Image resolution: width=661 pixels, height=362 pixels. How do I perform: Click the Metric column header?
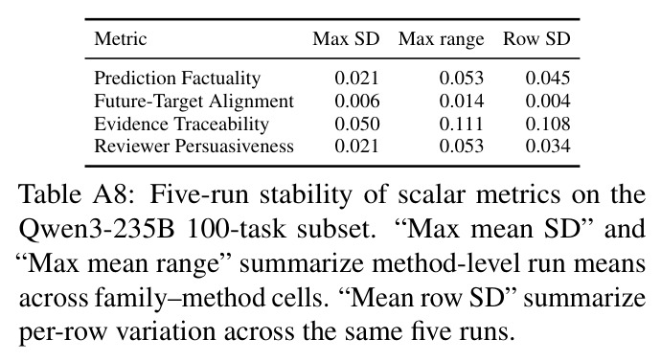pos(121,38)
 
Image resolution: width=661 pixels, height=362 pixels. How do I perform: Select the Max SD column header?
pos(346,38)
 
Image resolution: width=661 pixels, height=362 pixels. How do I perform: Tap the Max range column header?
pos(442,39)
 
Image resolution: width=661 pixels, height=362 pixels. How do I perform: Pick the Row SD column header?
pos(536,38)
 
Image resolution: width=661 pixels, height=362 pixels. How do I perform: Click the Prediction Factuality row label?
pos(177,79)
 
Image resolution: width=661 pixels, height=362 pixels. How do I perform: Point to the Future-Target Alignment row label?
pos(194,102)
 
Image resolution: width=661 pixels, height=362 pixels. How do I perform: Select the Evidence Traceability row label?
pos(181,124)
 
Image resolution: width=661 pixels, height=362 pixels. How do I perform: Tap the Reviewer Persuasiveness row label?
pos(194,147)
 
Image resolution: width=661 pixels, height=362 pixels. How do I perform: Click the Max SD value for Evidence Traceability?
pos(357,124)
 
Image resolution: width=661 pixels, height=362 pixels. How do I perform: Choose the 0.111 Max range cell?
pos(461,124)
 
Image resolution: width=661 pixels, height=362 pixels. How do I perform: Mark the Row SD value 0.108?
pos(548,124)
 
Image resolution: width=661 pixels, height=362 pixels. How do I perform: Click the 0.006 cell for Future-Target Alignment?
pos(357,102)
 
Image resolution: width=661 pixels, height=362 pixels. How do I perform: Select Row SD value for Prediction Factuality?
pos(548,78)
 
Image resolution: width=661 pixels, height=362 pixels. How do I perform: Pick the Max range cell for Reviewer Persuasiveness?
pos(461,147)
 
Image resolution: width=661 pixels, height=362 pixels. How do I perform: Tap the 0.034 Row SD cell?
pos(548,147)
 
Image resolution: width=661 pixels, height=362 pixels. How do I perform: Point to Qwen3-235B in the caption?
pos(97,230)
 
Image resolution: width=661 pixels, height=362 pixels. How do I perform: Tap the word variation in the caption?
pos(166,333)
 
